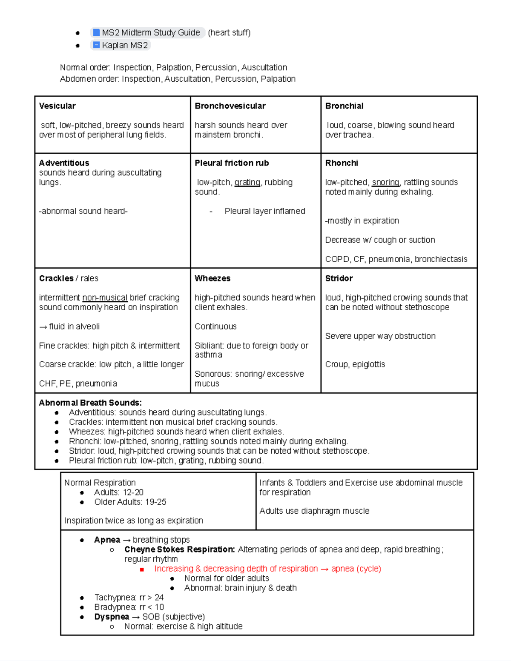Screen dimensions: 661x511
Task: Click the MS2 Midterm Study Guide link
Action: pyautogui.click(x=147, y=33)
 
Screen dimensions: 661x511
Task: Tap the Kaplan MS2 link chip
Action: pyautogui.click(x=121, y=45)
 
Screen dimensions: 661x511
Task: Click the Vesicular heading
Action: pyautogui.click(x=57, y=106)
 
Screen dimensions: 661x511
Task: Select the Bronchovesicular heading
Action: pyautogui.click(x=230, y=106)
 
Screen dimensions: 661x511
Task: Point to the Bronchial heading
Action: pyautogui.click(x=344, y=106)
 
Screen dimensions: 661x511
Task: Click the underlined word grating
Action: pyautogui.click(x=247, y=182)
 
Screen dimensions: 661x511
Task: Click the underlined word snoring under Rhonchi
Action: pyautogui.click(x=385, y=182)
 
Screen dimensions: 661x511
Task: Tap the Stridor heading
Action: pyautogui.click(x=339, y=278)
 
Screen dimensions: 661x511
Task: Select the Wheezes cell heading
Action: pyautogui.click(x=212, y=278)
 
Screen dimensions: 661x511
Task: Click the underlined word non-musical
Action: pyautogui.click(x=105, y=298)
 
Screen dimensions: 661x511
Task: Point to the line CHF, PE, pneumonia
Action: pyautogui.click(x=78, y=383)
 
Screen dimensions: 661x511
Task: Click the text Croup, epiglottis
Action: pyautogui.click(x=355, y=364)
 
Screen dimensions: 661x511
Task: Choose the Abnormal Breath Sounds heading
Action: pyautogui.click(x=90, y=403)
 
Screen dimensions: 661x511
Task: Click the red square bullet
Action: pyautogui.click(x=142, y=569)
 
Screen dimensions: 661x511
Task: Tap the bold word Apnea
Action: pyautogui.click(x=107, y=540)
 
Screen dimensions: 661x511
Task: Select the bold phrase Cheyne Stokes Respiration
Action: pyautogui.click(x=179, y=549)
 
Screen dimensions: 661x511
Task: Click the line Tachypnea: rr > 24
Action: pyautogui.click(x=129, y=598)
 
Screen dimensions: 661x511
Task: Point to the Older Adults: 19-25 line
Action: pyautogui.click(x=130, y=502)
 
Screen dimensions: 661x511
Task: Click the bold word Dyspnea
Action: pyautogui.click(x=112, y=617)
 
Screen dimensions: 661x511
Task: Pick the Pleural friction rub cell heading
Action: pyautogui.click(x=232, y=163)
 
